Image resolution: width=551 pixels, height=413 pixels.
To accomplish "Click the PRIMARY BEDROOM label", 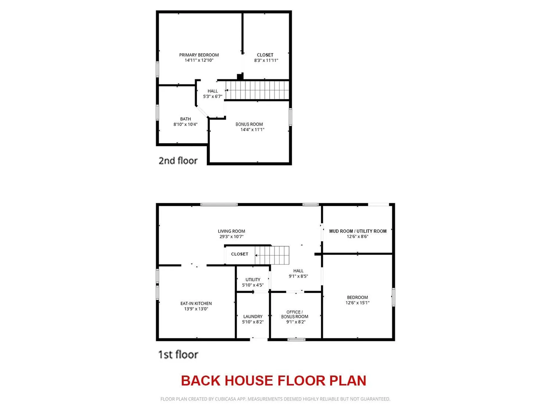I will (199, 55).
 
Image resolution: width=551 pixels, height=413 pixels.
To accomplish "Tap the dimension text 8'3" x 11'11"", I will (266, 60).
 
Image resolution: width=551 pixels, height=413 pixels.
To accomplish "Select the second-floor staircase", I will (257, 90).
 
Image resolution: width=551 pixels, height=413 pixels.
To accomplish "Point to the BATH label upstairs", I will (185, 119).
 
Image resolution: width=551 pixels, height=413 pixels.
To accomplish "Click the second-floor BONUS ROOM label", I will (249, 124).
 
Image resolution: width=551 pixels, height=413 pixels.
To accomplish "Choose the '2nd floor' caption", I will (178, 161).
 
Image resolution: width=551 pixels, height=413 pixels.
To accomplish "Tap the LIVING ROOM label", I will (231, 231).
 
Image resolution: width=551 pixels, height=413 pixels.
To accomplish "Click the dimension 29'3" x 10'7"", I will (231, 237).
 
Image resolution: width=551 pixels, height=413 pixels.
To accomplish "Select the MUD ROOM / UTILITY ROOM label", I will (358, 231).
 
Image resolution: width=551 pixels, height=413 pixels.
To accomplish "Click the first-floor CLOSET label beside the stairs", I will (240, 254).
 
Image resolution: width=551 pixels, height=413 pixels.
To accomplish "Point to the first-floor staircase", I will (272, 255).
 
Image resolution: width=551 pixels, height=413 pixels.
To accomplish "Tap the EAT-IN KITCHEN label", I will (196, 303).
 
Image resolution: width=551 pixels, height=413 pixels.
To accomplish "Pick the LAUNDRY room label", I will (253, 316).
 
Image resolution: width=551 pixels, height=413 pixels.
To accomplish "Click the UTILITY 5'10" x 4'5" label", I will (253, 282).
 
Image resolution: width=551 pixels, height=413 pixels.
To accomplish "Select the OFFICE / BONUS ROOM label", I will (295, 314).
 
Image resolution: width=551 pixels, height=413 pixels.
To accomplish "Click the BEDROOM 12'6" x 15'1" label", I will (357, 300).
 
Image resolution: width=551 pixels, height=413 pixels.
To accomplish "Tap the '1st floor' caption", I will (178, 354).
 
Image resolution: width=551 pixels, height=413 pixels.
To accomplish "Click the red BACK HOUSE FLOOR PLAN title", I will (273, 381).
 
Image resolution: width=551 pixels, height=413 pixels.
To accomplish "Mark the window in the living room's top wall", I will (219, 204).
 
